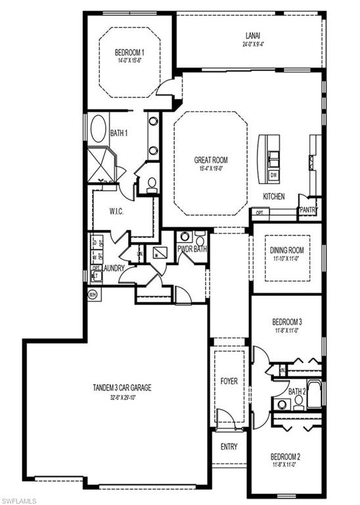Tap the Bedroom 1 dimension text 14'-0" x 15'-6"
130,60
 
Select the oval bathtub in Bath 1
99,129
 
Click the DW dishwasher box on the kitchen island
273,176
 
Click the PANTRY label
308,210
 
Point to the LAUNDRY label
114,268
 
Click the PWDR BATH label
192,249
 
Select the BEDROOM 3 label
287,322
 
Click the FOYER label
229,381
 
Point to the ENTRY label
229,447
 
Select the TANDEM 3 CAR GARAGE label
122,388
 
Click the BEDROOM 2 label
286,456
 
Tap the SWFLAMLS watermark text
19,498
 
